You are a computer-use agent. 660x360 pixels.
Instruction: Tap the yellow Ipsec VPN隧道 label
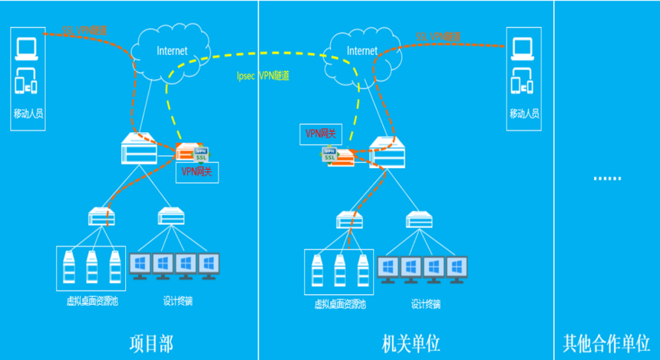point(263,76)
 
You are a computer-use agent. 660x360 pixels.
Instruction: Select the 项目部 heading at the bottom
point(151,343)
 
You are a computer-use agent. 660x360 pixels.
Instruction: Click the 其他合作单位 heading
point(606,343)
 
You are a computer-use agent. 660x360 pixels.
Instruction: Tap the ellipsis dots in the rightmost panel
point(607,178)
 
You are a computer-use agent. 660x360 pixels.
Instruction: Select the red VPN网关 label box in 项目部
point(197,172)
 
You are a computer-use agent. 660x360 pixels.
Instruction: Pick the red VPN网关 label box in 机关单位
point(320,133)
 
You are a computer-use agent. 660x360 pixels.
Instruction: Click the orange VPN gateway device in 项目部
point(187,153)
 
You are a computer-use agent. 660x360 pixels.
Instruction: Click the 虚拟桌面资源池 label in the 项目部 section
point(92,301)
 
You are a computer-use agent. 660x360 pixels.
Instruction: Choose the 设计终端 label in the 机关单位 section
point(425,304)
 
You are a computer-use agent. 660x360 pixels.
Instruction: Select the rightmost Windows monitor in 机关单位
point(456,269)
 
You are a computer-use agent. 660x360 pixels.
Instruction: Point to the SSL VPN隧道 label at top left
point(84,30)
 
